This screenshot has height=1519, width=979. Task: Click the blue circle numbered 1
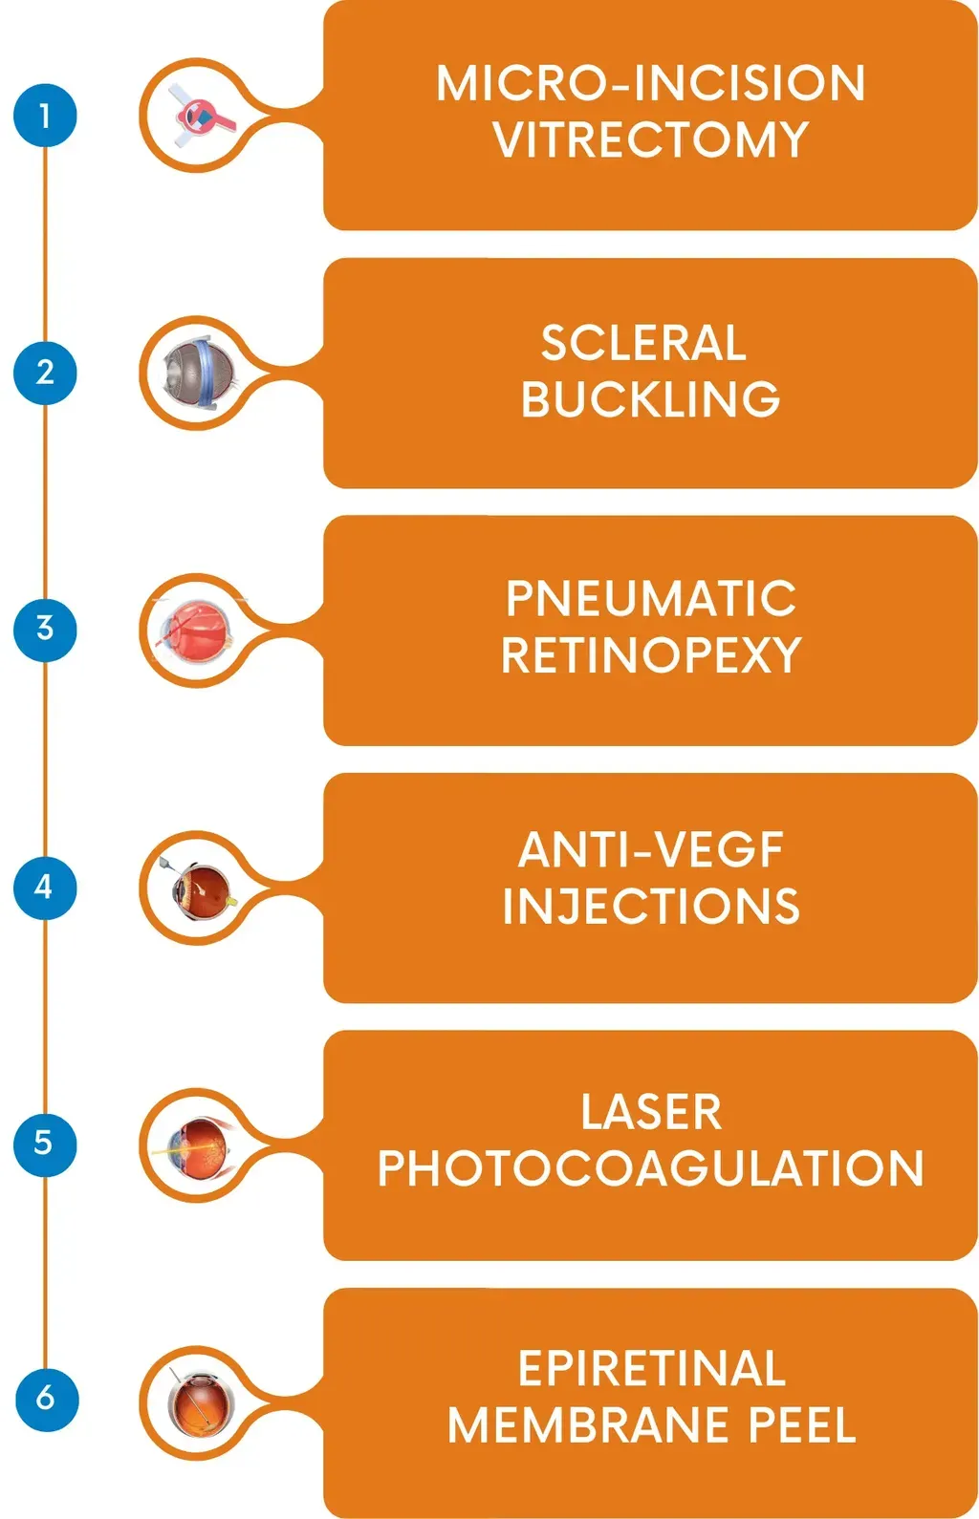[x=45, y=116]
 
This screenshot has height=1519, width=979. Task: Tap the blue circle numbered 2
[x=45, y=372]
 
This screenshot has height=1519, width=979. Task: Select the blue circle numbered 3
[x=45, y=629]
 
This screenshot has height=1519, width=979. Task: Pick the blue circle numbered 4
[x=45, y=887]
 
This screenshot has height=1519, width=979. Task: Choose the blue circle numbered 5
[x=45, y=1144]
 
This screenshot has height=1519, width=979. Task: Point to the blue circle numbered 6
[x=45, y=1399]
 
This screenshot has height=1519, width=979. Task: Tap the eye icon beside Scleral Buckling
[x=198, y=373]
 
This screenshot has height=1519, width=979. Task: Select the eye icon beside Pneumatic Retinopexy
[x=198, y=631]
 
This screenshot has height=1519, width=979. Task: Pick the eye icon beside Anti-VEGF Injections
[x=200, y=888]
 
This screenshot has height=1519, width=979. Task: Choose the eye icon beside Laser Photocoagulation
[x=199, y=1145]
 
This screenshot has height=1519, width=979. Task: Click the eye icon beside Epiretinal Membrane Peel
[x=199, y=1402]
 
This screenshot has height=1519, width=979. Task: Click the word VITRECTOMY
[x=650, y=139]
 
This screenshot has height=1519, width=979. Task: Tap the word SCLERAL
[x=643, y=343]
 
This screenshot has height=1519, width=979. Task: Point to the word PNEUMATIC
[x=650, y=599]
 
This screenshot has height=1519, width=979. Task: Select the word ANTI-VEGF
[x=650, y=849]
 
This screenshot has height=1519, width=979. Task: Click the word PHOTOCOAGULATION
[x=650, y=1168]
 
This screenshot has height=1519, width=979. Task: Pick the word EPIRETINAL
[x=651, y=1368]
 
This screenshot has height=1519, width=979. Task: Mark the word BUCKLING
[x=650, y=399]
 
